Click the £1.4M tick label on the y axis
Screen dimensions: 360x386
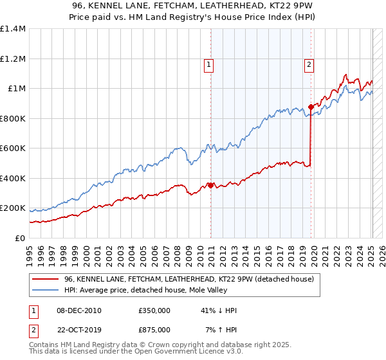pos(12,29)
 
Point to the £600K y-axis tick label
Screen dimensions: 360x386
pos(12,148)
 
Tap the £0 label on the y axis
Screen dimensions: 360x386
pos(20,239)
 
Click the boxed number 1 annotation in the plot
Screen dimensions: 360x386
pos(210,64)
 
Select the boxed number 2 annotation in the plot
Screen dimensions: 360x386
pos(309,64)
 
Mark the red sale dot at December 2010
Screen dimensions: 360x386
pos(210,186)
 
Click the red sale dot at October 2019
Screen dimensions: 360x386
pos(311,107)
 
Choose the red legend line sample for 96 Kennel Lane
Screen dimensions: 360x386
pos(45,280)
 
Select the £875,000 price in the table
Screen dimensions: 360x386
pos(154,329)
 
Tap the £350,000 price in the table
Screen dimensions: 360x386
pos(154,310)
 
